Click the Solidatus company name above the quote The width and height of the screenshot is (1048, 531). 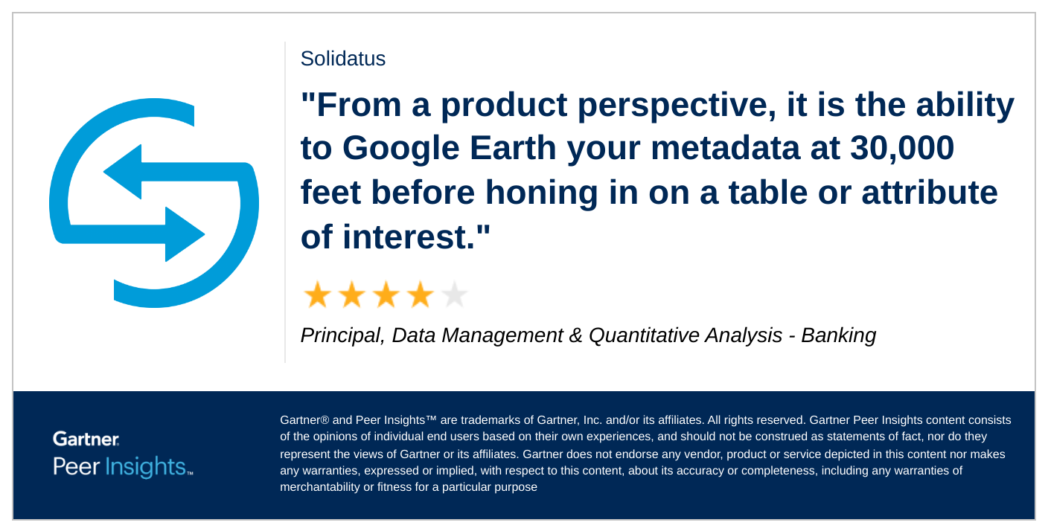pos(343,59)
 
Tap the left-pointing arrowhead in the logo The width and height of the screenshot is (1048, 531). pos(123,172)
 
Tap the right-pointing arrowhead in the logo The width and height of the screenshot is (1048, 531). pos(185,234)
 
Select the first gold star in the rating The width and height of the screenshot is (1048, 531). pos(318,295)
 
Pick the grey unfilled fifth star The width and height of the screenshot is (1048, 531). pos(454,295)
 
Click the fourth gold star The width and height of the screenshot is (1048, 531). pos(420,295)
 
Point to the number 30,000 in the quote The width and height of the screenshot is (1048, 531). pos(902,149)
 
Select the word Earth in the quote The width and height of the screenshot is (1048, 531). pos(513,148)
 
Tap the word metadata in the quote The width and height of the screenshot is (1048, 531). pos(725,148)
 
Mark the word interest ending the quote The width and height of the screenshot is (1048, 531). pos(409,237)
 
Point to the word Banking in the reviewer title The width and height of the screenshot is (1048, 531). pos(838,336)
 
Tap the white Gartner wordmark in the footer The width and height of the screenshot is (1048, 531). pos(86,439)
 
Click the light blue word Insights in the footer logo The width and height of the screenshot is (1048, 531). pos(146,467)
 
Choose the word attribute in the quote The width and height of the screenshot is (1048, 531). pos(930,193)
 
